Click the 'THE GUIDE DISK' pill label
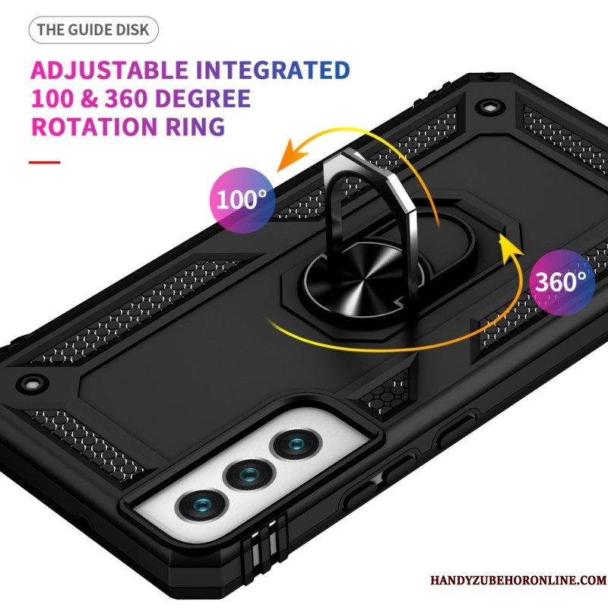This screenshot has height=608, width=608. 93,30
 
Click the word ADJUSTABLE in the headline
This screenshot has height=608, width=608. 109,70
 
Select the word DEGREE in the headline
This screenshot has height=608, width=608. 202,99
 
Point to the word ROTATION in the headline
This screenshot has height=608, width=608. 94,126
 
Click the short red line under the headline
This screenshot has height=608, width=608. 45,162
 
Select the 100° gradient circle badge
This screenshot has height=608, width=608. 242,200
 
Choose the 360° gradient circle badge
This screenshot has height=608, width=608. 562,282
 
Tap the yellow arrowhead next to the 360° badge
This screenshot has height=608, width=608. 509,249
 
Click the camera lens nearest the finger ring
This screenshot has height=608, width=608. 297,445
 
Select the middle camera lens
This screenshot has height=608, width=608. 250,473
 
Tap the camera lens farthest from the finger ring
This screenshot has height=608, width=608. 201,505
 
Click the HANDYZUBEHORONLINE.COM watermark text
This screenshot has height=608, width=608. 518,580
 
